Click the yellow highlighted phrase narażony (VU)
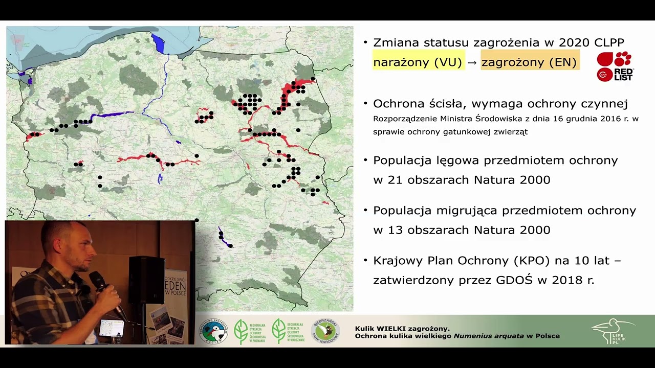coord(418,62)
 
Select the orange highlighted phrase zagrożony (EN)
coord(529,62)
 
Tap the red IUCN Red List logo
coord(615,66)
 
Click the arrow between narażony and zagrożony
coord(472,62)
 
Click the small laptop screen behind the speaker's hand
coord(111,328)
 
